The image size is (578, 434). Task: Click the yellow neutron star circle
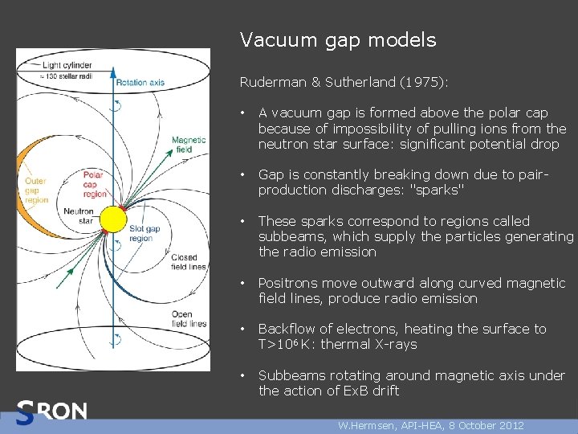(113, 219)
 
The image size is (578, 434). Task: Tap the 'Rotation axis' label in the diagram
(140, 82)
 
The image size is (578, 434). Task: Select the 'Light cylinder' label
(67, 64)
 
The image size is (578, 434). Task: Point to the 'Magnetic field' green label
(189, 144)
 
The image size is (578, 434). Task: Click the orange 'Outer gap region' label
(37, 190)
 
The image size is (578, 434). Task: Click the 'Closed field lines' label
(188, 262)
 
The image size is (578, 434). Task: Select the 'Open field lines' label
(188, 318)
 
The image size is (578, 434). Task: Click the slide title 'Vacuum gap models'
(338, 39)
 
